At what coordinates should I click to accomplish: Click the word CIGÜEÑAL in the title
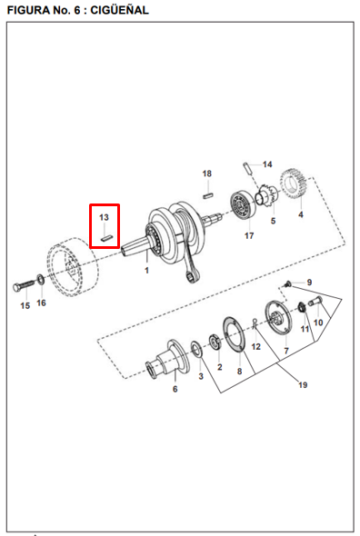119,10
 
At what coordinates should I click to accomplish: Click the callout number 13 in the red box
104,217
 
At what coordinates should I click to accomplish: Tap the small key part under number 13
106,238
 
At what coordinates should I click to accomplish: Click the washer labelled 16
40,279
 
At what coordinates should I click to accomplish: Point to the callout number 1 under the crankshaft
146,271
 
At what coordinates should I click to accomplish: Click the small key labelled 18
208,195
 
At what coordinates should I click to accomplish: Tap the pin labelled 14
249,168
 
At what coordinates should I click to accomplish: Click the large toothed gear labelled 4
294,186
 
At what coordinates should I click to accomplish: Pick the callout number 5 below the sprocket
273,221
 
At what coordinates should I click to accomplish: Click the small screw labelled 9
288,283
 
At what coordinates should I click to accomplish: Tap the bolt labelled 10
315,301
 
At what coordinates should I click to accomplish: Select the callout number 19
303,385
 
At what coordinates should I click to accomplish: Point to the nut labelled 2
215,342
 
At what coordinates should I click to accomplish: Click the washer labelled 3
196,350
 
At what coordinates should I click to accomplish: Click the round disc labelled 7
277,318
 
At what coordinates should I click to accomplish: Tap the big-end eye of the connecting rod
190,275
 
